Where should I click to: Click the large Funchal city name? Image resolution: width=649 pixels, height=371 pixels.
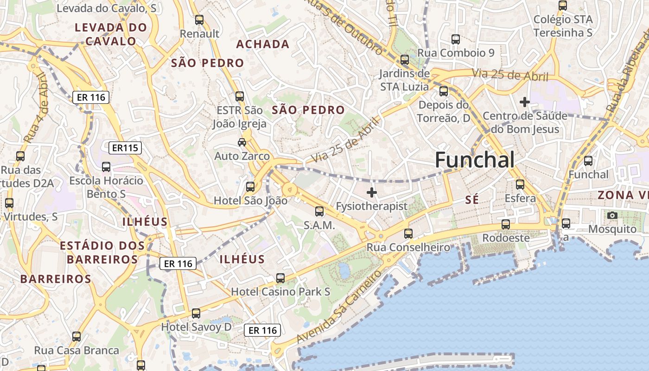point(475,160)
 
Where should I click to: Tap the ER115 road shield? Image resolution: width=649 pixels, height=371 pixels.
point(125,148)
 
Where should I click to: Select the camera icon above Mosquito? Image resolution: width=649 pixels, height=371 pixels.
point(612,215)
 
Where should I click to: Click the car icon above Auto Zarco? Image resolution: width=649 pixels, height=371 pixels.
point(242,142)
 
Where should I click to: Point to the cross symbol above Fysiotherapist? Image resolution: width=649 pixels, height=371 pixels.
point(371,192)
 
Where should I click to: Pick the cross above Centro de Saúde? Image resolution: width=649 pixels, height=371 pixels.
point(524,102)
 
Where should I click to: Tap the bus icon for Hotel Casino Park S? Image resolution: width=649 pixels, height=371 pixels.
point(280,278)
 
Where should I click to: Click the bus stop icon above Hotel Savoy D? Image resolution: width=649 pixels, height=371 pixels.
point(196,313)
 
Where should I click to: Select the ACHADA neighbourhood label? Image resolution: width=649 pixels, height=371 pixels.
point(263,45)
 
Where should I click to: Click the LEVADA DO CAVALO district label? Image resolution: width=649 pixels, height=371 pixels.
point(111,34)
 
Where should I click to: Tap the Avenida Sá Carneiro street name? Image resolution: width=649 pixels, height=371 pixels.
point(338,307)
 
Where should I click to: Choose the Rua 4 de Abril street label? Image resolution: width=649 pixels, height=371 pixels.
point(36,108)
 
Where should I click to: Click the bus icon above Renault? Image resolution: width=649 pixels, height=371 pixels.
point(199,20)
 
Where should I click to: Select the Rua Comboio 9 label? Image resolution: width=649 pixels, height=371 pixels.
point(456,53)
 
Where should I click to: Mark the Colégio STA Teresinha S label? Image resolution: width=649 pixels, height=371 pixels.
point(563,26)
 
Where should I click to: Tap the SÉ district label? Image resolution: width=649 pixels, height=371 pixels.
point(471,200)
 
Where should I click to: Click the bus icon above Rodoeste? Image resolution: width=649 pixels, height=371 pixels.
point(505,224)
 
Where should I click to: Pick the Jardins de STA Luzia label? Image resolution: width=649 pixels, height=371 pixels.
point(404,80)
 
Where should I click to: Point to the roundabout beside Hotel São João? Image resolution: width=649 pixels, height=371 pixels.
point(289,189)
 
